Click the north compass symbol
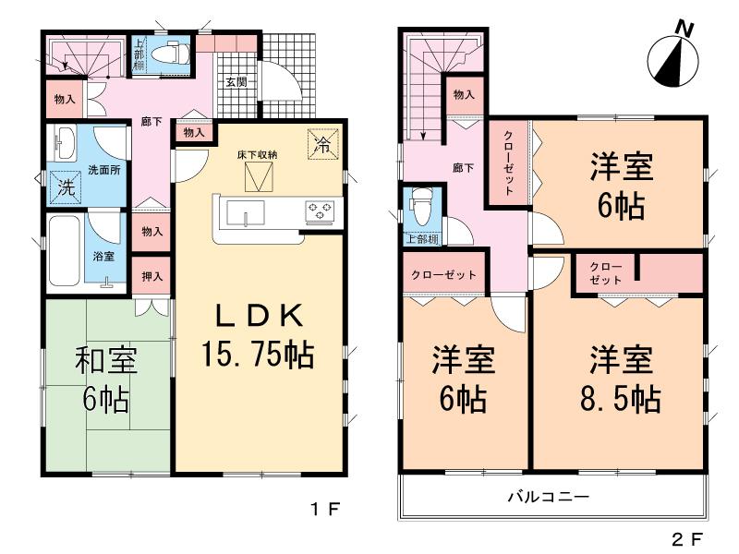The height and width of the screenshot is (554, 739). (x=672, y=59)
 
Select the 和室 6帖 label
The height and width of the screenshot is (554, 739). (x=106, y=379)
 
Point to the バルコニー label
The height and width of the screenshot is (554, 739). (x=548, y=498)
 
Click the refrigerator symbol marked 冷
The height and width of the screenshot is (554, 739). (x=323, y=143)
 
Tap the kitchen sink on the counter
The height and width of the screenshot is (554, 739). (x=247, y=216)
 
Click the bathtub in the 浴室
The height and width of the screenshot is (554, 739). (x=66, y=251)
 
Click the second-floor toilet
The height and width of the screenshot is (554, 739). (x=420, y=209)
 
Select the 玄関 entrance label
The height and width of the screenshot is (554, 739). (x=235, y=81)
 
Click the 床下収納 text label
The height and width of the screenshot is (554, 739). (x=255, y=153)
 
